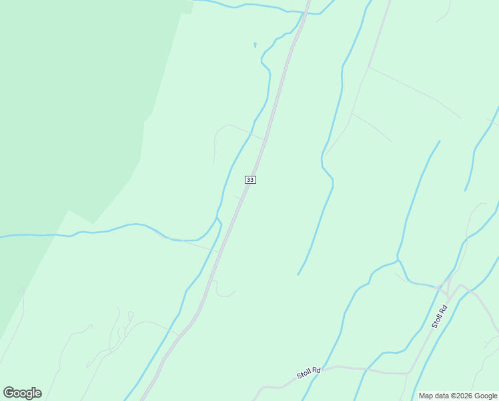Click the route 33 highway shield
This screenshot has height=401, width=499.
[250, 180]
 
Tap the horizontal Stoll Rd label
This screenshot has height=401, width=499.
[309, 372]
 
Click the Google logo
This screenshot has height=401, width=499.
[22, 393]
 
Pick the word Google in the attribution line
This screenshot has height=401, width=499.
[486, 396]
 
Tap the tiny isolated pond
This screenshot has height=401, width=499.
[255, 45]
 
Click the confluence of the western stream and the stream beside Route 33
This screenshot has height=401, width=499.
[216, 218]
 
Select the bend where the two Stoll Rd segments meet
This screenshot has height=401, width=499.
[409, 372]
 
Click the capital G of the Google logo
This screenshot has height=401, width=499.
[9, 393]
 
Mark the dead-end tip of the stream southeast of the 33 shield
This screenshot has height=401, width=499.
[298, 274]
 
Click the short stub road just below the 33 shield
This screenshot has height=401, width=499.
[237, 198]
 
